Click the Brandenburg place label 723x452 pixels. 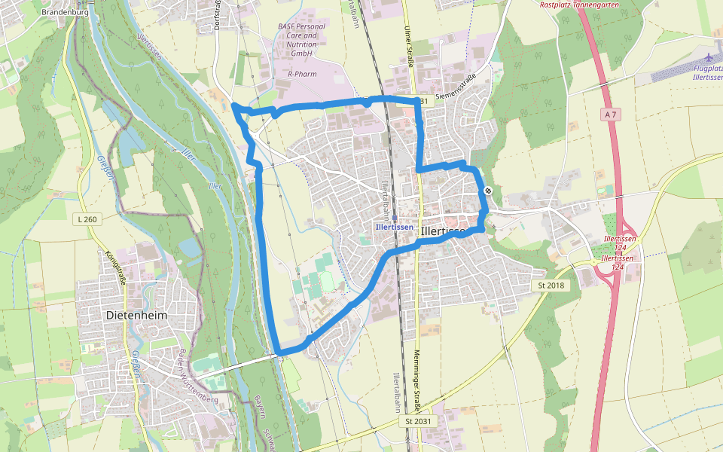point(66,12)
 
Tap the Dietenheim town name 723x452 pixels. point(136,315)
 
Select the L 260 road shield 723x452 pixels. point(88,219)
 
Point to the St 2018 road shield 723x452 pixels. point(551,286)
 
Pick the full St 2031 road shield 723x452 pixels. point(418,421)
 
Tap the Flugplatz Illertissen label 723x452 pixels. point(707,73)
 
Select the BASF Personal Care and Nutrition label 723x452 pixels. point(301,40)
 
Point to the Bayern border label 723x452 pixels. point(259,406)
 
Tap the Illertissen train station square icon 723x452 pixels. point(395,218)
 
